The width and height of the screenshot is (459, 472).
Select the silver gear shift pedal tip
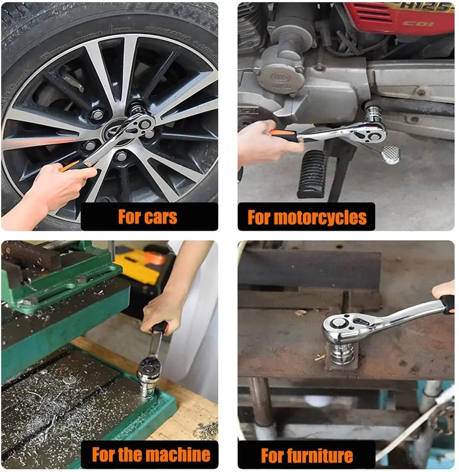(390, 155)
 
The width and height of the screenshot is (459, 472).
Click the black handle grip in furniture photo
(447, 304)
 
